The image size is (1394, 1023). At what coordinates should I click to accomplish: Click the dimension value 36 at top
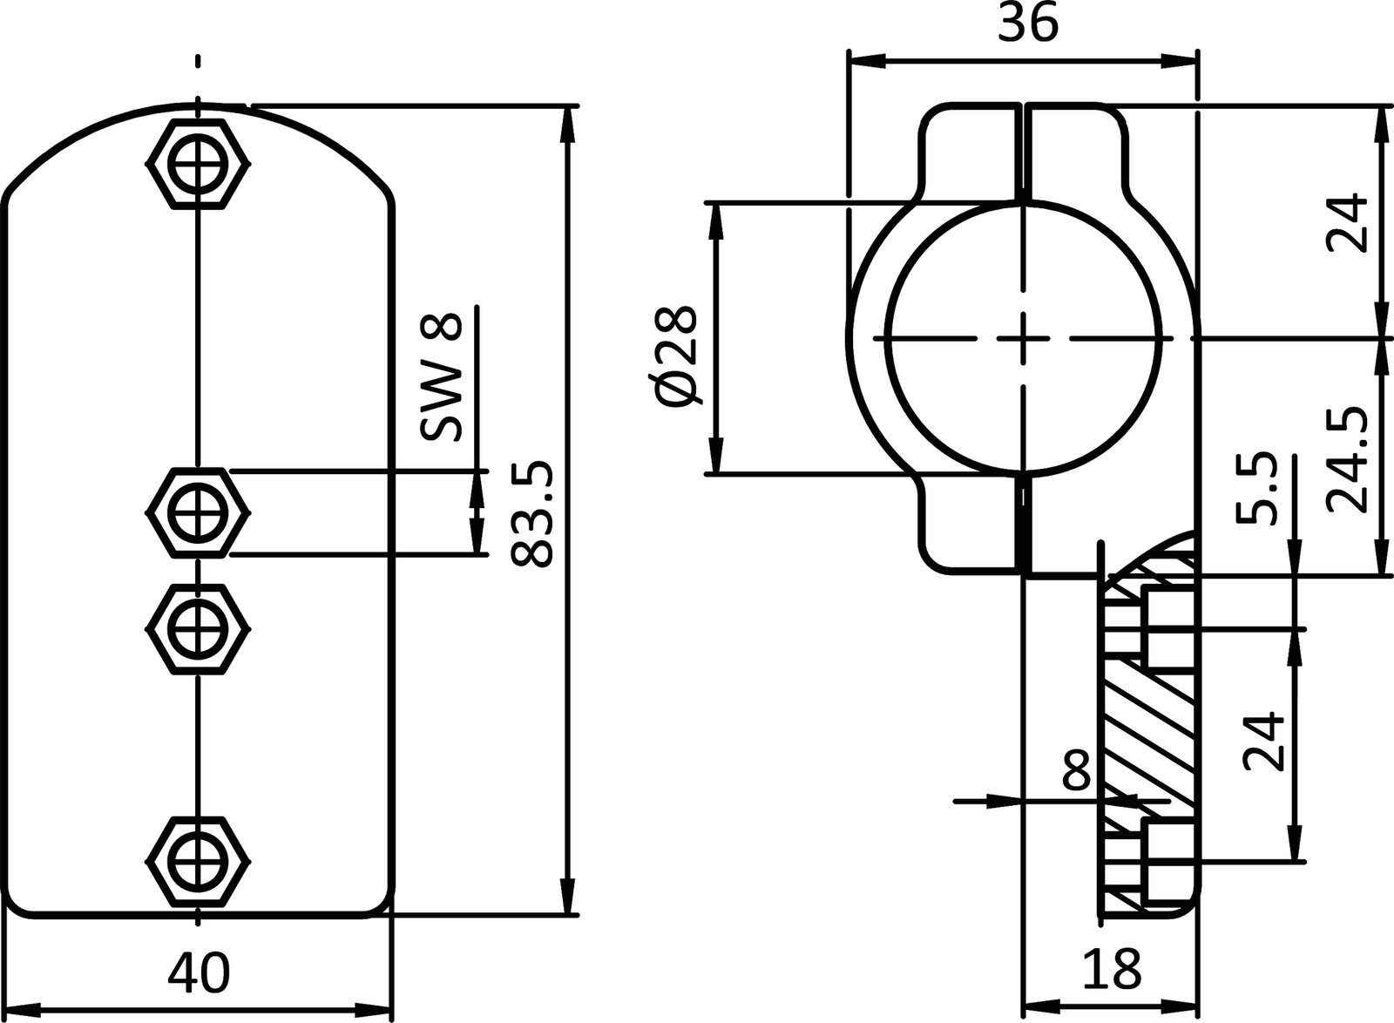click(x=1027, y=24)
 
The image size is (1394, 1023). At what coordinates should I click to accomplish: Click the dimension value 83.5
click(x=531, y=514)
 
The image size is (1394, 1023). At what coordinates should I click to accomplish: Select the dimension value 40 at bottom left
click(x=199, y=972)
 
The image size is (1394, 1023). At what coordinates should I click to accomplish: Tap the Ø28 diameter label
click(x=678, y=356)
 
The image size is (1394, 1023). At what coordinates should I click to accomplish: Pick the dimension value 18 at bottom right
click(x=1112, y=967)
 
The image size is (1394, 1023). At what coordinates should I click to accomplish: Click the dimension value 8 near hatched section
click(x=1077, y=769)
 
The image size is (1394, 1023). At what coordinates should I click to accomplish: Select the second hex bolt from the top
click(x=199, y=512)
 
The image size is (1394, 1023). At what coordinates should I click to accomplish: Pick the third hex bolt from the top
click(x=199, y=627)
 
